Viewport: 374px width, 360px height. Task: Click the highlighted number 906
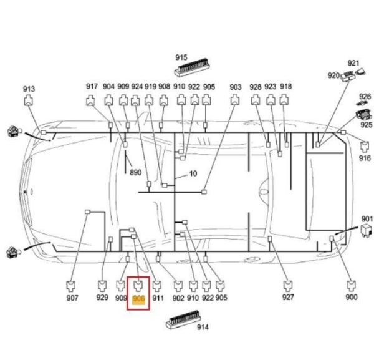click(x=138, y=299)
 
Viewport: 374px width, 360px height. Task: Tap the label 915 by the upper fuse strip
click(x=181, y=57)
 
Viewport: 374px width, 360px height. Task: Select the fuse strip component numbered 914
click(x=183, y=319)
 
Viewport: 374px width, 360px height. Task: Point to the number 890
click(x=135, y=172)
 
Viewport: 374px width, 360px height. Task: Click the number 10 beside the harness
click(x=193, y=173)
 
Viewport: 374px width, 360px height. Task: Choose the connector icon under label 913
click(x=29, y=100)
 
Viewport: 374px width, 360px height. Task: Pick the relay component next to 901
click(x=367, y=230)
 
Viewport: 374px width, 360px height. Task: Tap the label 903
click(x=236, y=87)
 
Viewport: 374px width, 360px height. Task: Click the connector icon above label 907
click(x=70, y=286)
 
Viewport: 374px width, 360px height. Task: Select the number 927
click(x=288, y=297)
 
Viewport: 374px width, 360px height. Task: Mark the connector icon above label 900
click(x=351, y=286)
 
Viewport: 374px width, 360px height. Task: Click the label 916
click(x=365, y=158)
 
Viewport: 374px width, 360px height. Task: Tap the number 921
click(x=353, y=63)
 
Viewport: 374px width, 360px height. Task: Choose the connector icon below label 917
click(x=90, y=100)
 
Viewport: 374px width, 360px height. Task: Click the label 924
click(x=137, y=87)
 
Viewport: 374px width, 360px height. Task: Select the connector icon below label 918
click(x=284, y=100)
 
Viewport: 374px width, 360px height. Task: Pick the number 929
click(x=102, y=298)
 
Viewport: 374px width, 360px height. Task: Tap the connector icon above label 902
click(x=178, y=286)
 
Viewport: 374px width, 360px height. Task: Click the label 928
click(x=256, y=87)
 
